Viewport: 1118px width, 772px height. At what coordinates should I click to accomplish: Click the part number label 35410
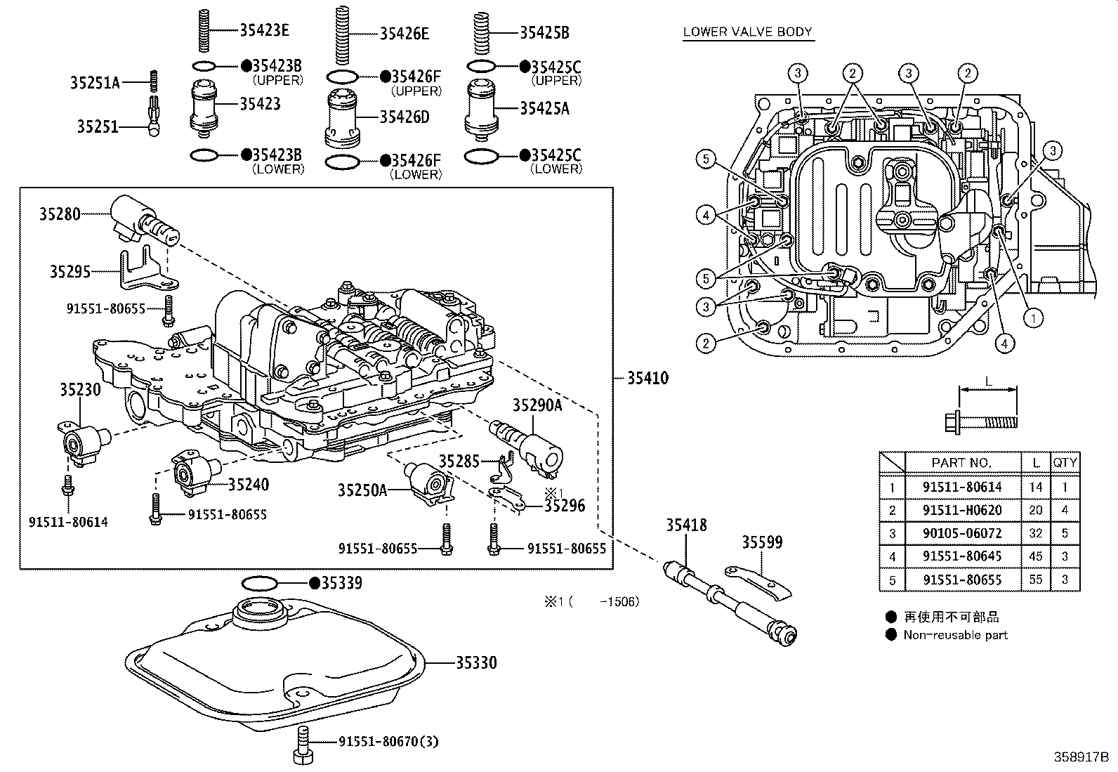point(647,379)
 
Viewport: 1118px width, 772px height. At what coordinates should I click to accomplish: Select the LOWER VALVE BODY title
point(747,32)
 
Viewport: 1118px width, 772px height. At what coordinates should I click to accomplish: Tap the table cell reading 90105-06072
point(962,533)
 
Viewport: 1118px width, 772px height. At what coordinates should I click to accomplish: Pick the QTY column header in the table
point(1065,462)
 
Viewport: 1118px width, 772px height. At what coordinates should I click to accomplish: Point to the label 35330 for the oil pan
point(476,662)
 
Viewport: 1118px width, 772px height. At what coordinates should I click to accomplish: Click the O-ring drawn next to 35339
point(259,583)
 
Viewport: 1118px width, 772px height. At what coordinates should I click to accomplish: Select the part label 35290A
point(537,405)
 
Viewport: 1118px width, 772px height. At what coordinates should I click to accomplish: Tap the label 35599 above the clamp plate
point(762,542)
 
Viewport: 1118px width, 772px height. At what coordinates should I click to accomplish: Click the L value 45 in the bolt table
point(1036,556)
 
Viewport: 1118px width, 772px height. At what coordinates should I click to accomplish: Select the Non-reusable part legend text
point(955,635)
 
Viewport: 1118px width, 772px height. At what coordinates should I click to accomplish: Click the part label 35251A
point(95,83)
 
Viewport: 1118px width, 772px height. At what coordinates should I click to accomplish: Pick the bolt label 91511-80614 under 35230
point(68,522)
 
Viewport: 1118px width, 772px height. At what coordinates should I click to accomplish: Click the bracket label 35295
point(70,271)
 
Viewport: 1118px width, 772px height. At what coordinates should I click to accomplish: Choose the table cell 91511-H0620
point(962,510)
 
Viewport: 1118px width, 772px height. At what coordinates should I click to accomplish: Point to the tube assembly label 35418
point(686,525)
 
